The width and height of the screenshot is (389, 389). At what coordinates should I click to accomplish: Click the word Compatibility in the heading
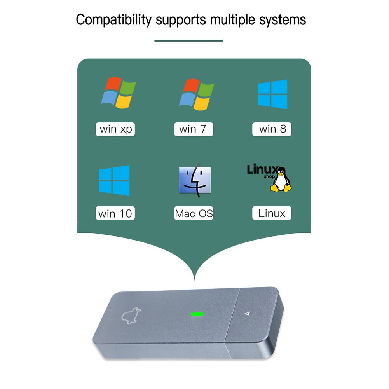click(113, 19)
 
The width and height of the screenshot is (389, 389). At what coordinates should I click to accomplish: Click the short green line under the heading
click(188, 40)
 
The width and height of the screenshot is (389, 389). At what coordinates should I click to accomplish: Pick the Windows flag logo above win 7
click(197, 94)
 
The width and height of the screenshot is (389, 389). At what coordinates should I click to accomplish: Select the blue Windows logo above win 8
click(272, 94)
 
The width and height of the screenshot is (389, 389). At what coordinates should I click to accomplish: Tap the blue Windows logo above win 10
click(114, 180)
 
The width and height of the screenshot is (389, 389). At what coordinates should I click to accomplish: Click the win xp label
click(115, 129)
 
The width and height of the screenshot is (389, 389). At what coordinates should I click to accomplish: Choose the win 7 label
click(193, 129)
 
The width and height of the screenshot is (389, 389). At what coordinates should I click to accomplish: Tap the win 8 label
click(272, 129)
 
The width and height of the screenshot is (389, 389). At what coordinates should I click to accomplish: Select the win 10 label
click(115, 213)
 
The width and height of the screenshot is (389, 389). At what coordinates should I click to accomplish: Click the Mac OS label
click(194, 213)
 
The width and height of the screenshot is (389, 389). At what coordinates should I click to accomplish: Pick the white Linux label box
click(272, 213)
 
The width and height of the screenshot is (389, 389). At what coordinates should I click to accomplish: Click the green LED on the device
click(197, 313)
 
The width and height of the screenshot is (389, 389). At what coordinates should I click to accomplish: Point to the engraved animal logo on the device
click(132, 316)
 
